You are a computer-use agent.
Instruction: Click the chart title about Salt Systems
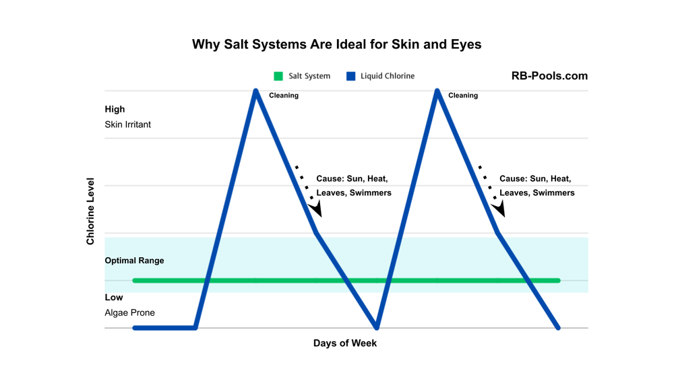[336, 44]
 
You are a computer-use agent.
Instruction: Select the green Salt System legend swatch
[278, 76]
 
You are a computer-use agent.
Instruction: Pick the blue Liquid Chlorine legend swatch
[350, 76]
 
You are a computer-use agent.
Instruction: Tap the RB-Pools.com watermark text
[549, 76]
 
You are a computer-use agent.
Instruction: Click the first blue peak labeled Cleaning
[256, 92]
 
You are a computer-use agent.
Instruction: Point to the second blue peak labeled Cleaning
[438, 92]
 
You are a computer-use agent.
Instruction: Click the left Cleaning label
[284, 96]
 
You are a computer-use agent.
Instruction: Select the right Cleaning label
[463, 96]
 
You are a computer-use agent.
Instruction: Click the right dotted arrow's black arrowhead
[499, 209]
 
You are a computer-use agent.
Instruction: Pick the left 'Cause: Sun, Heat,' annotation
[352, 179]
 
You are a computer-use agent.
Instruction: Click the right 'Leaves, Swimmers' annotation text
[537, 193]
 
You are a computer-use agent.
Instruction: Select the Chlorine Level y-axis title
[90, 211]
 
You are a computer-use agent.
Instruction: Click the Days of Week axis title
[344, 343]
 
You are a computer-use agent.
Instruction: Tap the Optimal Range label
[134, 261]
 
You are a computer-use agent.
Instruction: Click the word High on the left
[115, 109]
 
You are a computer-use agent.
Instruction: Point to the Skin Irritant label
[127, 125]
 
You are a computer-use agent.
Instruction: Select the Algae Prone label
[129, 312]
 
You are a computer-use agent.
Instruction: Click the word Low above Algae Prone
[114, 298]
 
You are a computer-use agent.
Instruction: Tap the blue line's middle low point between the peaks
[377, 327]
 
